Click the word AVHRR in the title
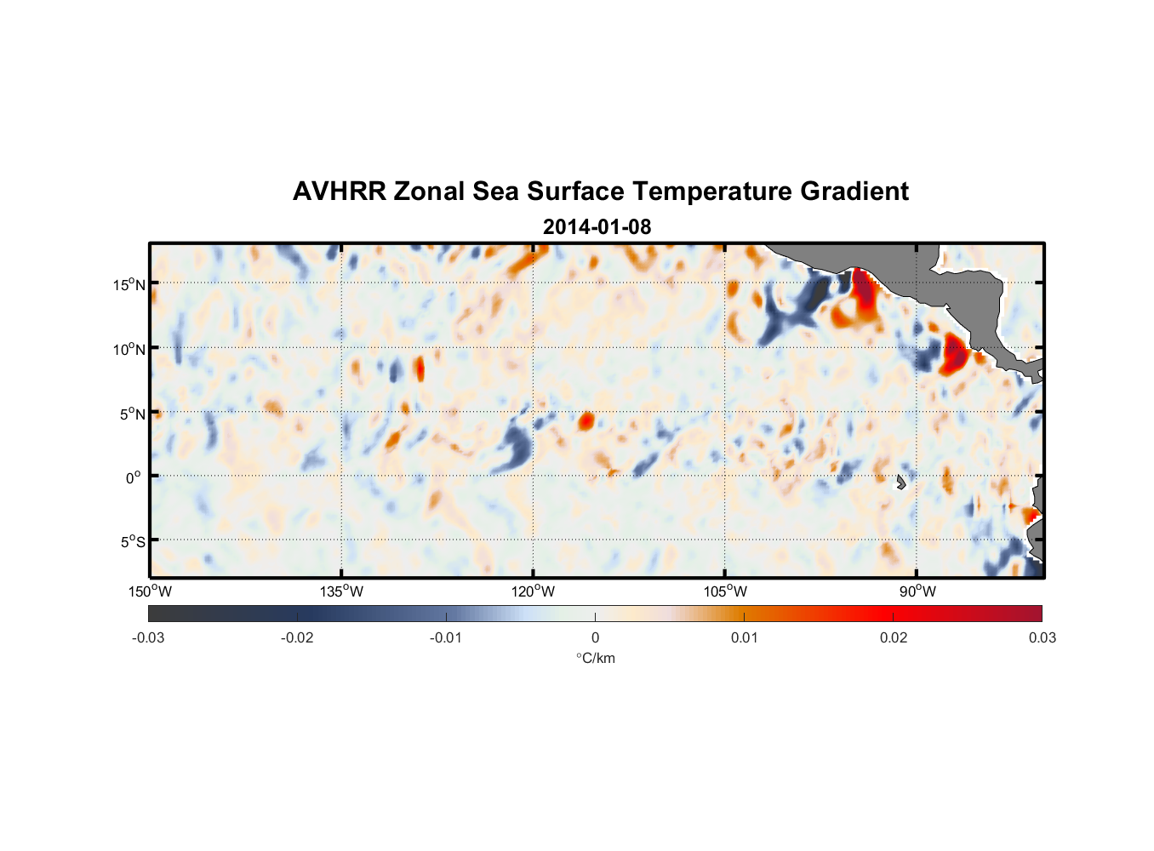click(x=339, y=191)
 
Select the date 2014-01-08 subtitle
click(x=597, y=227)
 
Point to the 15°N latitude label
click(x=129, y=284)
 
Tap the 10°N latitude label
click(x=129, y=349)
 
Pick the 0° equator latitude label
click(x=134, y=477)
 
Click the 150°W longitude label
click(x=150, y=591)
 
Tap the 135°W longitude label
click(x=341, y=591)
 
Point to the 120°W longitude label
click(x=533, y=591)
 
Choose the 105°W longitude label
click(x=725, y=591)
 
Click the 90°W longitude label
click(x=917, y=591)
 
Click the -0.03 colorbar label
click(x=148, y=637)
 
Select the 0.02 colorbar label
click(x=893, y=637)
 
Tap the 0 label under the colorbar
click(x=595, y=637)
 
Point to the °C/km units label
click(x=595, y=658)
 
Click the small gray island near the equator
click(x=900, y=482)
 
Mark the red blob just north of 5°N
click(x=586, y=420)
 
